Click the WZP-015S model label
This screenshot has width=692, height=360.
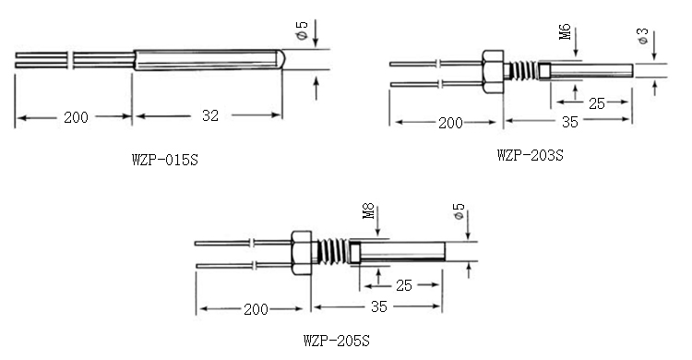(165, 160)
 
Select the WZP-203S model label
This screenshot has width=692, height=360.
(530, 155)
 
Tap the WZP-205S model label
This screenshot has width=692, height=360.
(336, 341)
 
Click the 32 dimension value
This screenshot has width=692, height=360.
(210, 115)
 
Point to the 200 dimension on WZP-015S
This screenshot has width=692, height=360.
(76, 117)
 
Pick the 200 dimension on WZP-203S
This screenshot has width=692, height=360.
(450, 123)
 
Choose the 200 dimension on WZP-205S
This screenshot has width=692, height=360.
(256, 309)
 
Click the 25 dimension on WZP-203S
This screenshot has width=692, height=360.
(597, 103)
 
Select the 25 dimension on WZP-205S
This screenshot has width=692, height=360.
(403, 285)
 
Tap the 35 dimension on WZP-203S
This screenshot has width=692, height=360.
(570, 122)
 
